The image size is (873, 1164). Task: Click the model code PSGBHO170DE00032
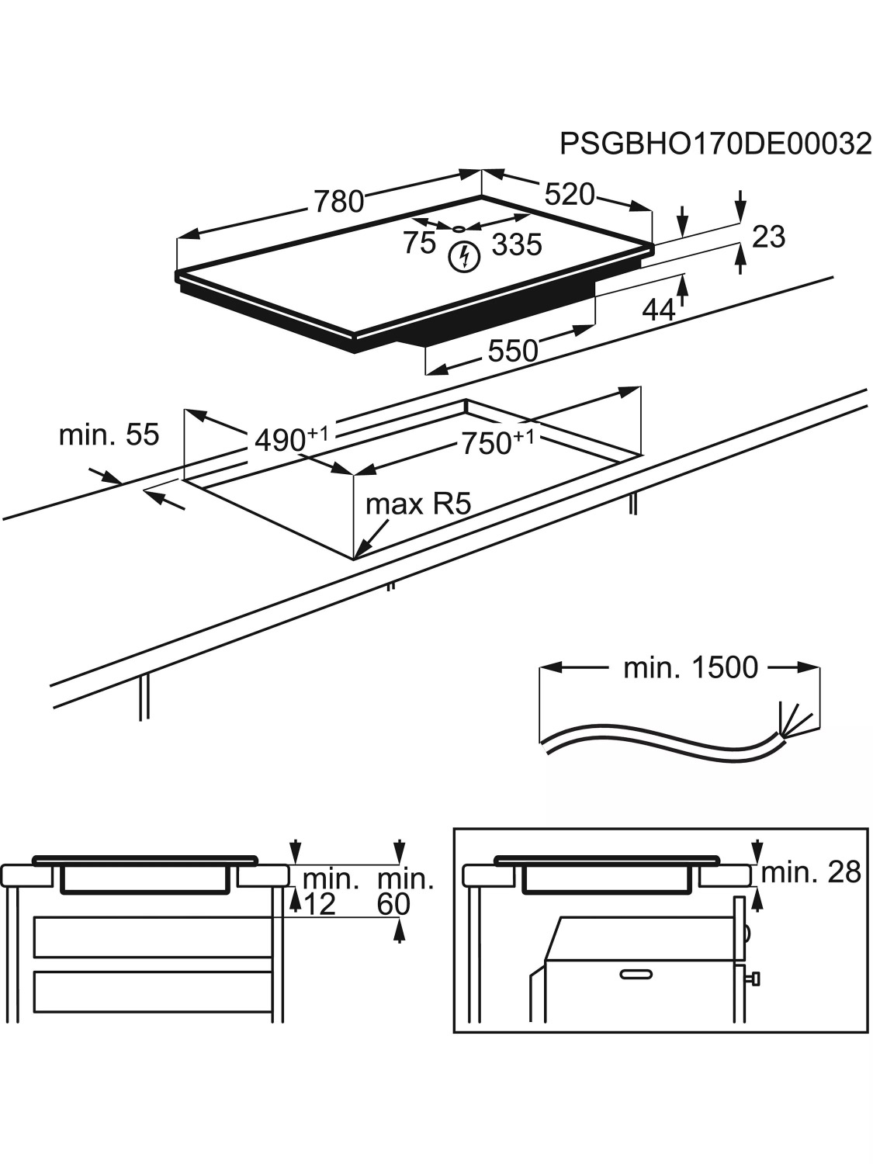pyautogui.click(x=715, y=144)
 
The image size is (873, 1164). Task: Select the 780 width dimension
pyautogui.click(x=339, y=201)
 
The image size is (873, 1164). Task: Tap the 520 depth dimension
pyautogui.click(x=569, y=194)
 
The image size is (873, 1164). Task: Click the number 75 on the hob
pyautogui.click(x=420, y=243)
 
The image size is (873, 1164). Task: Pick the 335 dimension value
pyautogui.click(x=517, y=245)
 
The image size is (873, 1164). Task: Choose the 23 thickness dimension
pyautogui.click(x=769, y=237)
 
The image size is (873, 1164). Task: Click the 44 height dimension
pyautogui.click(x=659, y=310)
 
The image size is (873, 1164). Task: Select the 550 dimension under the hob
pyautogui.click(x=512, y=352)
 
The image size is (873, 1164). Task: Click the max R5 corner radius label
pyautogui.click(x=418, y=504)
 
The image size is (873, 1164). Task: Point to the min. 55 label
pyautogui.click(x=109, y=435)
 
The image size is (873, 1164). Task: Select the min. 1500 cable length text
pyautogui.click(x=691, y=667)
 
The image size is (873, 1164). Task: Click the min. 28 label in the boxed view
pyautogui.click(x=811, y=872)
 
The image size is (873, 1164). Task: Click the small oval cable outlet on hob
pyautogui.click(x=459, y=229)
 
